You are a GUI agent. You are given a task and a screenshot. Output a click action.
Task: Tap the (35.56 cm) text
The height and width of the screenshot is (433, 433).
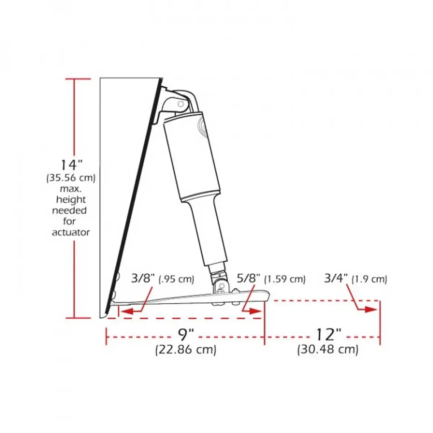(x=71, y=178)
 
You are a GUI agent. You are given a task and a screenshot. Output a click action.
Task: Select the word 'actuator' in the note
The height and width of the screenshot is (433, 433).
(x=71, y=232)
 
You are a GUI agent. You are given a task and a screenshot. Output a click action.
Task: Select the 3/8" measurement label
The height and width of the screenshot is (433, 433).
(x=143, y=279)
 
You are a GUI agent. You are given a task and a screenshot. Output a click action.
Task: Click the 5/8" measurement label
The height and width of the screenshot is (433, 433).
(x=249, y=279)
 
